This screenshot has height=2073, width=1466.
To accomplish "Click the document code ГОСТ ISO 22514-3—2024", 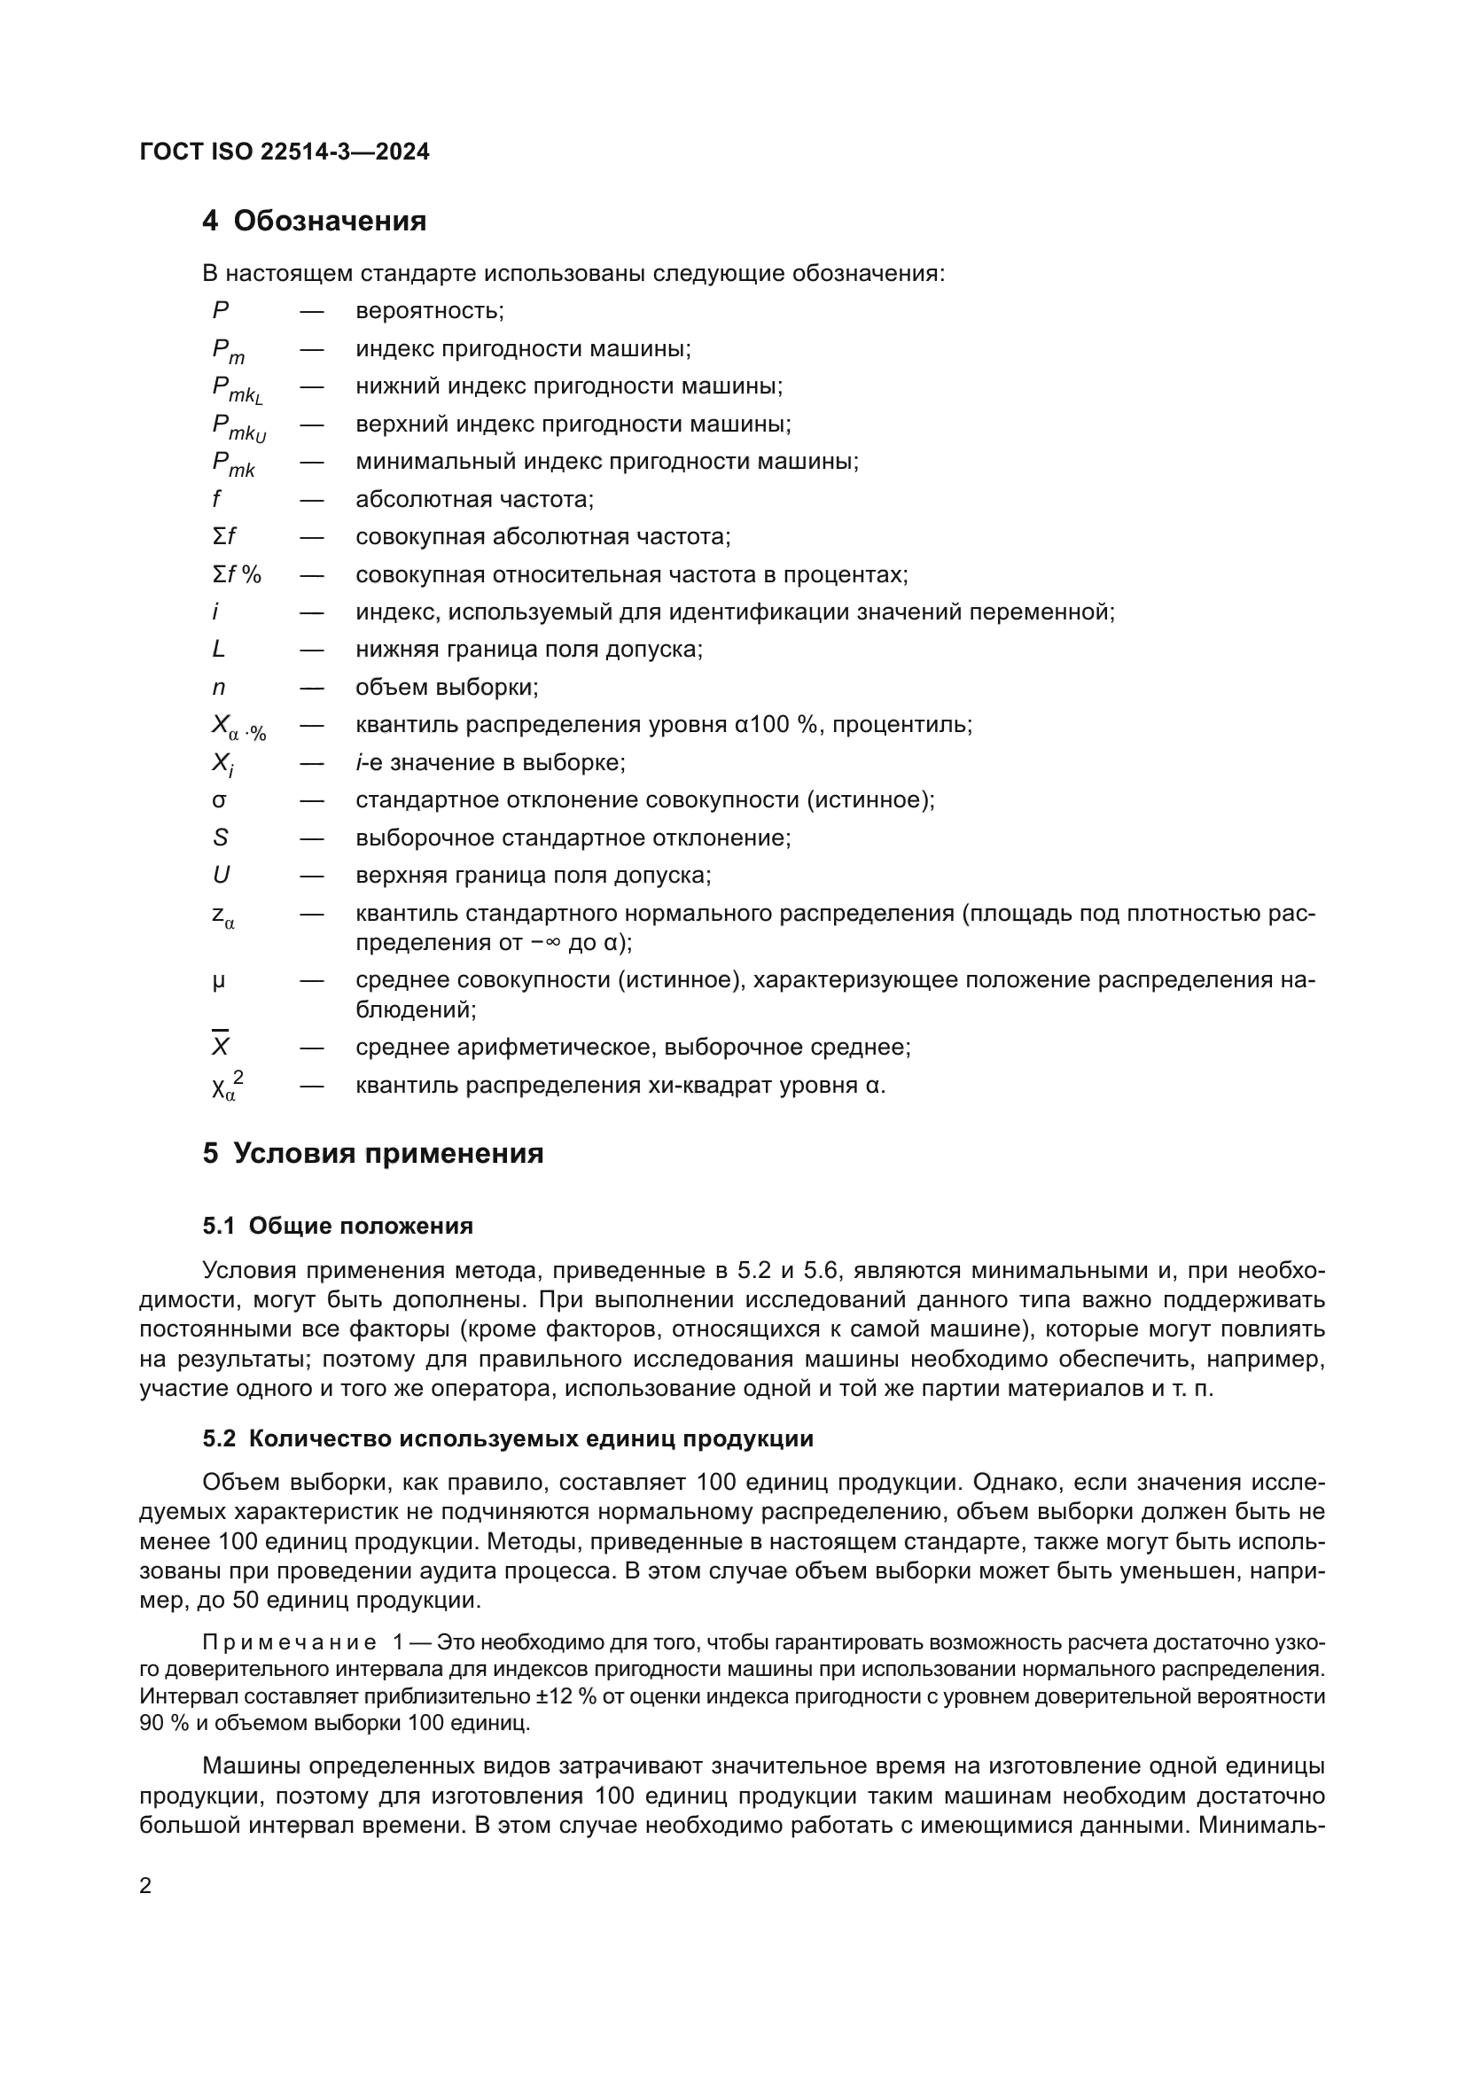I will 285,152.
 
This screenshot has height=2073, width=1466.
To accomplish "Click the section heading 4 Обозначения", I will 314,221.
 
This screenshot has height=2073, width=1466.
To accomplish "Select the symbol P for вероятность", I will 221,310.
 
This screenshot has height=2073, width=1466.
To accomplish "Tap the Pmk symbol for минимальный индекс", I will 233,464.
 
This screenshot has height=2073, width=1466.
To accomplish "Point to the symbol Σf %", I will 237,574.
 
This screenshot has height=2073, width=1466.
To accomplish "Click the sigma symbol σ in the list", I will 218,800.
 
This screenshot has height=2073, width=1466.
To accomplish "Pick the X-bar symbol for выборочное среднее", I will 221,1046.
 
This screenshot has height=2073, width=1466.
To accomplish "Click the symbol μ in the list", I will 218,980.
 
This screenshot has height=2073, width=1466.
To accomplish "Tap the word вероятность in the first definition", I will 428,311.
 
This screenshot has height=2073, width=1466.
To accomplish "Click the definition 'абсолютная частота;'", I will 474,499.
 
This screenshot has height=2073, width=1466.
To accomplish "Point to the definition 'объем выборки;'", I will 447,688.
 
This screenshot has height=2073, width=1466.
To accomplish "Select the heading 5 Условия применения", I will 373,1154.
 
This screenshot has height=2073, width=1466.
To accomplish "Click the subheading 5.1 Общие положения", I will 338,1225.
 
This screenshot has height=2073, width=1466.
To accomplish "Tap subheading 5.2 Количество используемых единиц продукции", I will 507,1438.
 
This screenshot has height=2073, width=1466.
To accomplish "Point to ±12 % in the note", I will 566,1696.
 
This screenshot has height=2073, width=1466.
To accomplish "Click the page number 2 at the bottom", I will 145,1886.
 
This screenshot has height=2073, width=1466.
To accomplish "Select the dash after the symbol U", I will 312,876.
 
